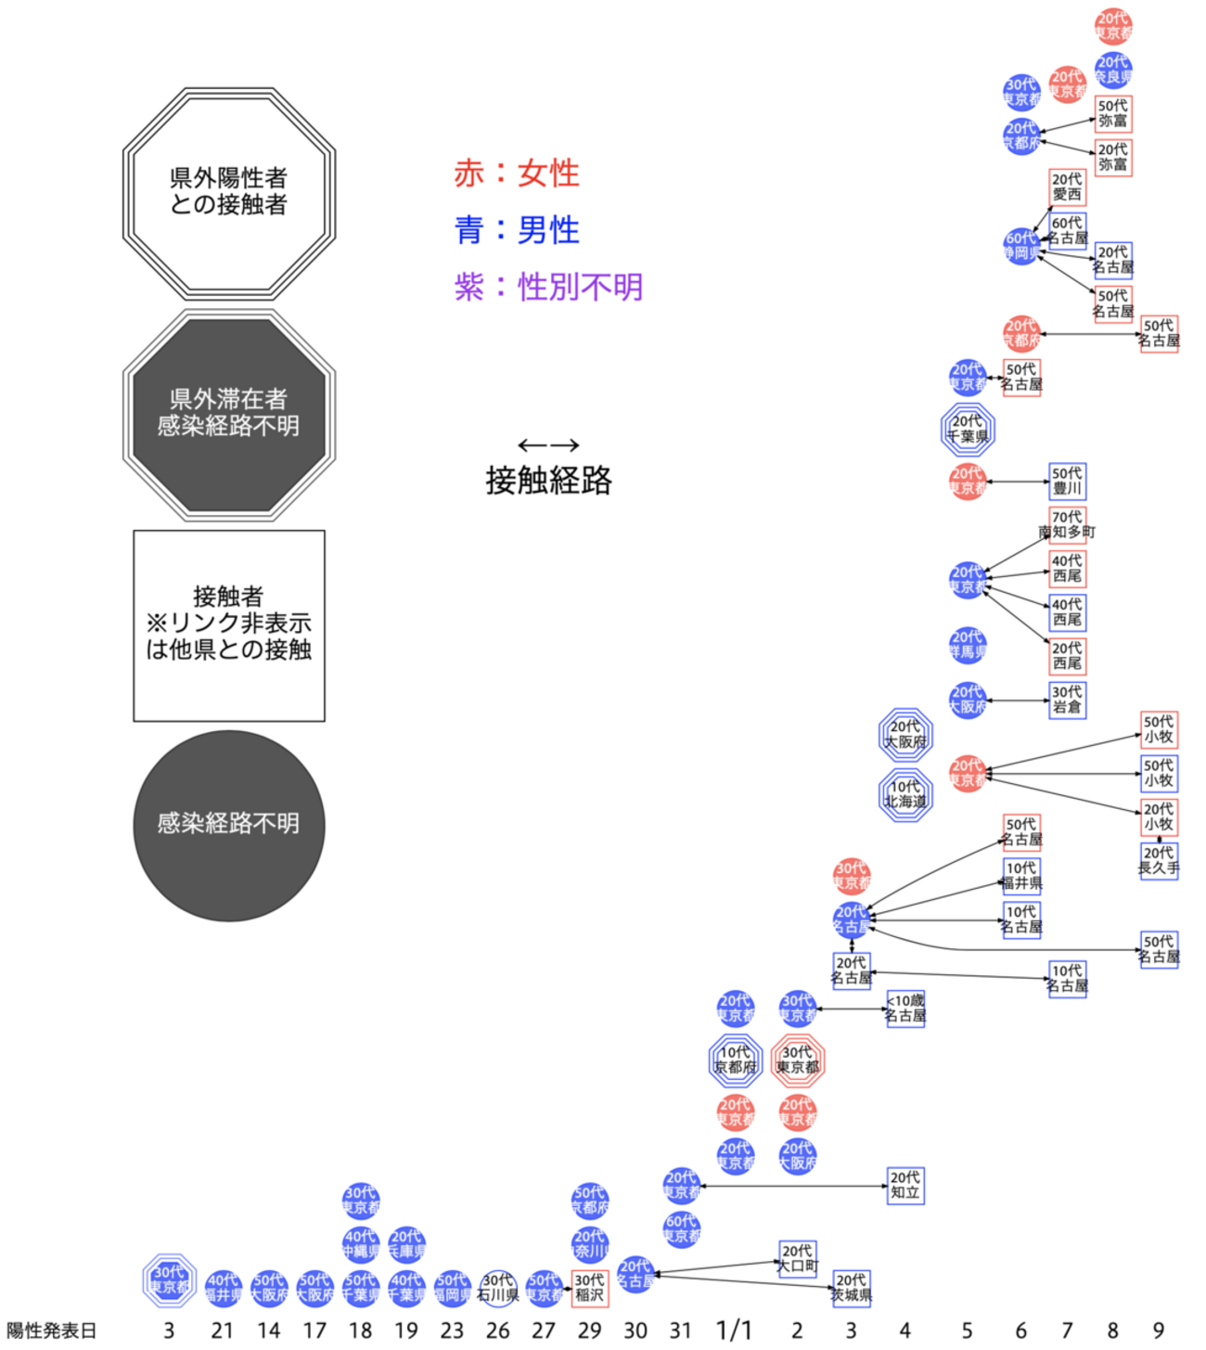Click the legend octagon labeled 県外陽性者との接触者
pos(229,193)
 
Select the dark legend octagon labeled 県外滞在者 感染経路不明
pos(229,414)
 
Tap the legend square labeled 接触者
pos(229,625)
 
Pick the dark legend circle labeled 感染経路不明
pos(229,825)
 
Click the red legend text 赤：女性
pos(517,174)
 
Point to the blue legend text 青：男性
pos(517,230)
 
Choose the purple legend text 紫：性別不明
pos(548,288)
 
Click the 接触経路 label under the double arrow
pos(548,481)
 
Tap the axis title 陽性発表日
pos(52,1331)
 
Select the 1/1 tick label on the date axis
pos(734,1331)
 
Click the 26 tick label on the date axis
pos(497,1331)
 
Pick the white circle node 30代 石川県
pos(498,1288)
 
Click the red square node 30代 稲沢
pos(589,1288)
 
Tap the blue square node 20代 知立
pos(905,1186)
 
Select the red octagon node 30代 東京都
pos(797,1060)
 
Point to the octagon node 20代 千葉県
pos(967,429)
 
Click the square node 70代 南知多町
pos(1067,524)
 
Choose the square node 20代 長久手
pos(1159,861)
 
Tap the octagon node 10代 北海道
pos(905,794)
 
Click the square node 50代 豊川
pos(1067,481)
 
